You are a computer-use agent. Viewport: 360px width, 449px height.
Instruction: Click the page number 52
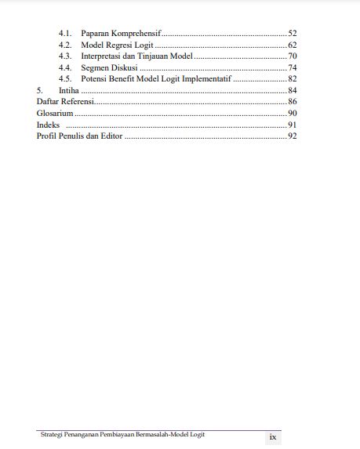(292, 34)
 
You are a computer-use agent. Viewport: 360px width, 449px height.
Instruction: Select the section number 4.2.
(65, 45)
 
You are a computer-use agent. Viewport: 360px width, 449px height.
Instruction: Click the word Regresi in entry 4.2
(123, 45)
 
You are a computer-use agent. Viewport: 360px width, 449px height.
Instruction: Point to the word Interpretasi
(104, 56)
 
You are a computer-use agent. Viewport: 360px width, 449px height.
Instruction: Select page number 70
(292, 56)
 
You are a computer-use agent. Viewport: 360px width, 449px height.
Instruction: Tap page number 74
(292, 68)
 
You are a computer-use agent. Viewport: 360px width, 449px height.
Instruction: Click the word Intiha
(69, 91)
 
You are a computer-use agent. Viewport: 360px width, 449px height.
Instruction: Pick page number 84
(292, 91)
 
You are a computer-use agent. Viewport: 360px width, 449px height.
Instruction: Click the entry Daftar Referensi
(65, 102)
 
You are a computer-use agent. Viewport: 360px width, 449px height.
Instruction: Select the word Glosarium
(55, 114)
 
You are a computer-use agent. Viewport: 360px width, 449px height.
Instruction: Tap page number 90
(292, 114)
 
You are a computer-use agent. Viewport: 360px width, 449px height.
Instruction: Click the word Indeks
(48, 125)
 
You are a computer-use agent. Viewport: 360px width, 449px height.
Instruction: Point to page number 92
(292, 136)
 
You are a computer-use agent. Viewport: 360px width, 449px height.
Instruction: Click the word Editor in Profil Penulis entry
(110, 136)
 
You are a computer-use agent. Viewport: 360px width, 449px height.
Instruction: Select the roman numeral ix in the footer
(272, 436)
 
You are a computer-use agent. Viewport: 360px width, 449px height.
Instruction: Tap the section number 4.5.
(65, 79)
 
